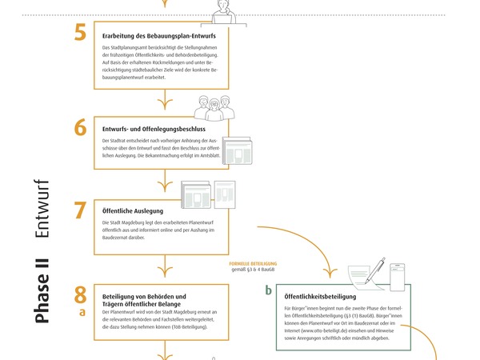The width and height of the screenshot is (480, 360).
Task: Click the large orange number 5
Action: (x=80, y=33)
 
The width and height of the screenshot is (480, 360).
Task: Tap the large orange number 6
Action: (x=81, y=127)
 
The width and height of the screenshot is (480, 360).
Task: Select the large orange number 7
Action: (x=80, y=210)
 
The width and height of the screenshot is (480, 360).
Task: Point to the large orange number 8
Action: (x=80, y=294)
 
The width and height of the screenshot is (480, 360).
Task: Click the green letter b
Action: (x=269, y=290)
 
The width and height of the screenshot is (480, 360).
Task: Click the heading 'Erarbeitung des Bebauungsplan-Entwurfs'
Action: (x=159, y=36)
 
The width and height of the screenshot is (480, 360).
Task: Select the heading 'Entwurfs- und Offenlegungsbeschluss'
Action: (x=154, y=129)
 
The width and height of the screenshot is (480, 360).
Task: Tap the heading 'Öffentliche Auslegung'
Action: (x=133, y=211)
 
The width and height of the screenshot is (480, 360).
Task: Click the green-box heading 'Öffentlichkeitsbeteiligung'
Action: (x=320, y=297)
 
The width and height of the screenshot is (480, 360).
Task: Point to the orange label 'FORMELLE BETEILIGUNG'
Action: (x=253, y=263)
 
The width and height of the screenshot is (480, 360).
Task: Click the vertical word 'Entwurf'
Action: (x=42, y=209)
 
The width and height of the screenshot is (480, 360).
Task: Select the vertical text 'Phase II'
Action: (x=42, y=291)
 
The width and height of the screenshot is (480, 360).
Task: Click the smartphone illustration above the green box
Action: (x=398, y=278)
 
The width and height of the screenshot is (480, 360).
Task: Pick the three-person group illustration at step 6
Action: (x=214, y=108)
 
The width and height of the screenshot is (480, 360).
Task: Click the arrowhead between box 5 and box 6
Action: (x=165, y=104)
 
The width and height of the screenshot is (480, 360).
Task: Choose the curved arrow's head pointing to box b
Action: (x=330, y=273)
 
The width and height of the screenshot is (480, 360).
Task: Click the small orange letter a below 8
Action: (x=82, y=312)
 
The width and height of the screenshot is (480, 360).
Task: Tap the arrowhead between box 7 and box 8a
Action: (x=165, y=271)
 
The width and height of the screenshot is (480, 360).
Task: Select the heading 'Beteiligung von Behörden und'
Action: (x=144, y=297)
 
